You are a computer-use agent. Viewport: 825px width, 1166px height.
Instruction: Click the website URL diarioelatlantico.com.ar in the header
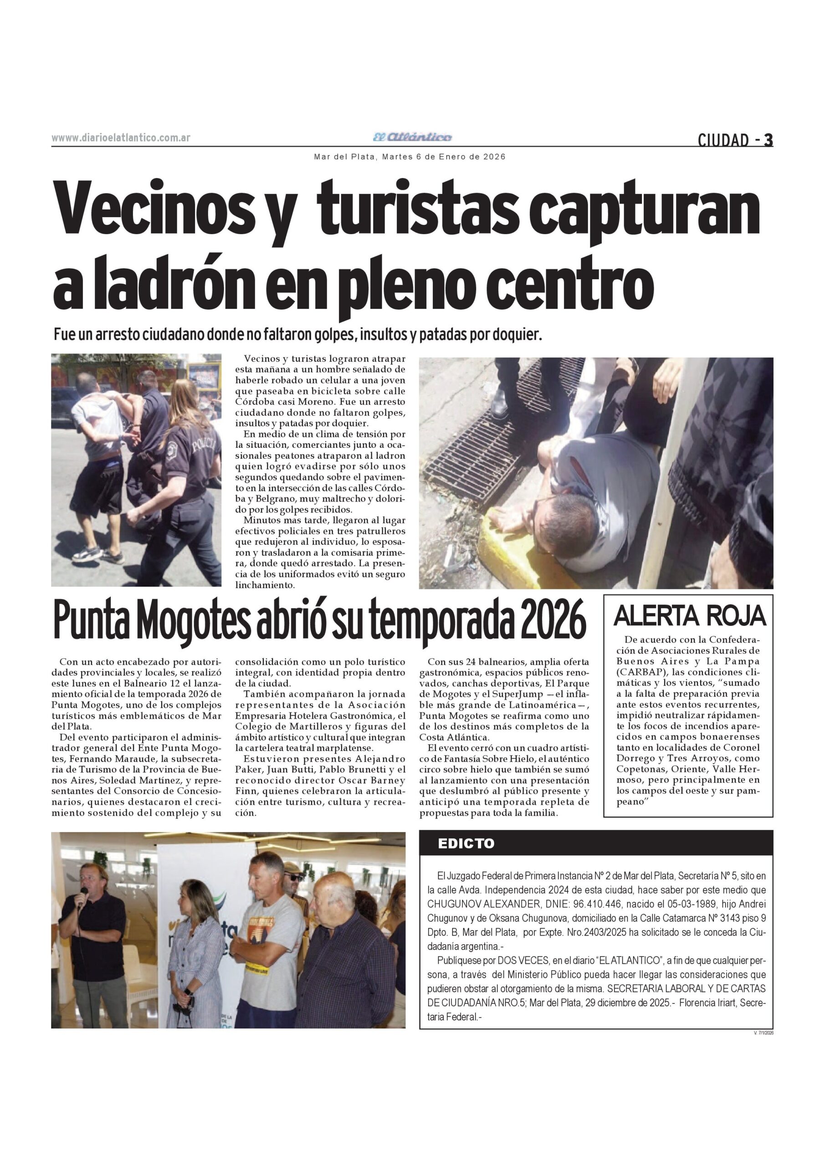pyautogui.click(x=121, y=138)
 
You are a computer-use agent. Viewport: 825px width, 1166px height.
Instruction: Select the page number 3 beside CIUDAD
pyautogui.click(x=769, y=140)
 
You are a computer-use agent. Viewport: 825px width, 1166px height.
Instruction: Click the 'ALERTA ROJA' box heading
pyautogui.click(x=689, y=616)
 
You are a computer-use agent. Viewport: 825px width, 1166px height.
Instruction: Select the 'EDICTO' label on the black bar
pyautogui.click(x=466, y=844)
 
